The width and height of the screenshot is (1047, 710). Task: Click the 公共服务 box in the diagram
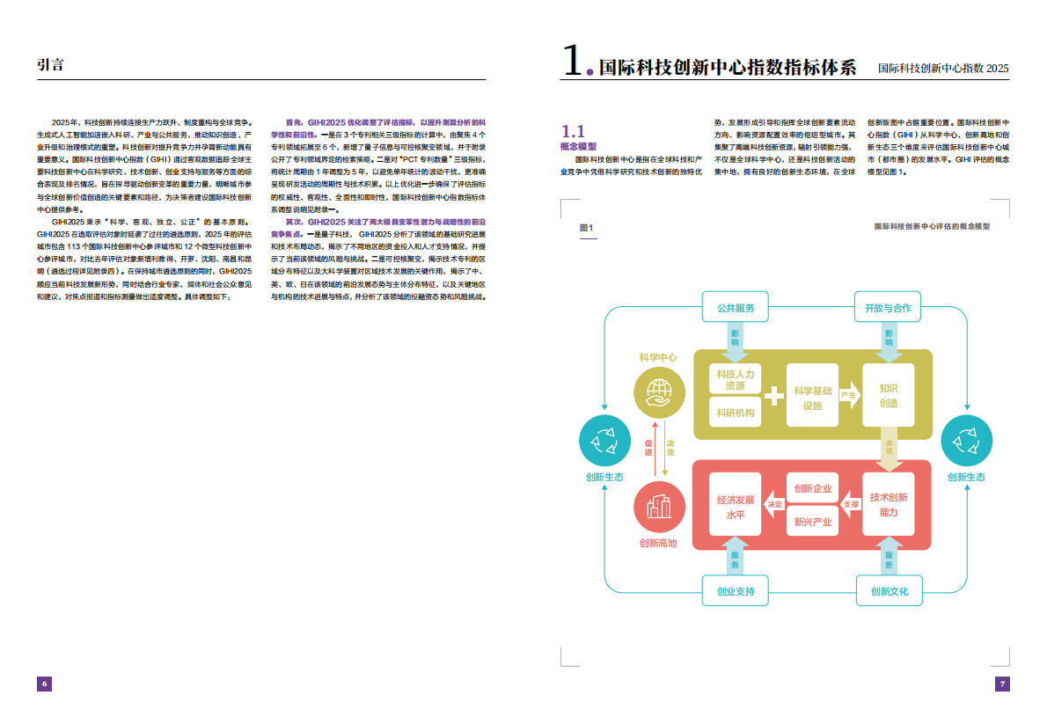736,309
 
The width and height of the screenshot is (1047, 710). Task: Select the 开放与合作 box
888,309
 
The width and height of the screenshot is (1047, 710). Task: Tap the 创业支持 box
736,591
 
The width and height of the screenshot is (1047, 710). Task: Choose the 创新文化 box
889,591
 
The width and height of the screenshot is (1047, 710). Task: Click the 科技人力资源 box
735,379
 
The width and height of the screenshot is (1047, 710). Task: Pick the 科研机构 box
735,413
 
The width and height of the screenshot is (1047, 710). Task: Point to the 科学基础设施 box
813,398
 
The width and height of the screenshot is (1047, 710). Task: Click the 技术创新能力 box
889,504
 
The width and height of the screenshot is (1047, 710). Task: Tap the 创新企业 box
812,488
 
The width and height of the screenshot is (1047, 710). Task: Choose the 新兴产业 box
812,522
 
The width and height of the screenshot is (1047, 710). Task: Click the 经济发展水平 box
736,505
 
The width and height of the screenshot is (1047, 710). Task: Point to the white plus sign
773,396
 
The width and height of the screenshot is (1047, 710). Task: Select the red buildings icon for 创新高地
658,505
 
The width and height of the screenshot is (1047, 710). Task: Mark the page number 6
45,684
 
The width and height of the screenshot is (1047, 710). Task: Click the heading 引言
51,64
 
